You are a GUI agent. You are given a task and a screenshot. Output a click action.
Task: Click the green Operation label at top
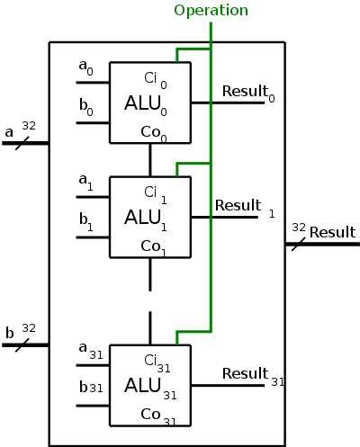[211, 11]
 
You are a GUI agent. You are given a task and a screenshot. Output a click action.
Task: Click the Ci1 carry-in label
[157, 192]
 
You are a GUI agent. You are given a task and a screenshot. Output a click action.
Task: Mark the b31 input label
[90, 388]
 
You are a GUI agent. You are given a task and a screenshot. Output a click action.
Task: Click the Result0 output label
[247, 91]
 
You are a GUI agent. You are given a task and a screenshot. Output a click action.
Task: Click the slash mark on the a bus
[22, 141]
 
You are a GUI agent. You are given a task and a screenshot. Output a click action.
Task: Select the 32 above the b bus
[28, 328]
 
